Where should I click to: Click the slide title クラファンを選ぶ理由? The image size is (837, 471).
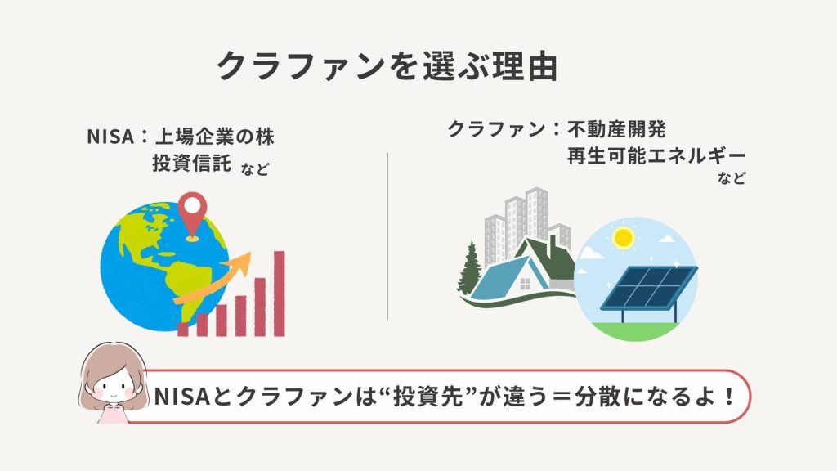point(387,65)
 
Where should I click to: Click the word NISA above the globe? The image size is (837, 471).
point(110,137)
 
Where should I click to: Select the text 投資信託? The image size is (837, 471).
point(191,163)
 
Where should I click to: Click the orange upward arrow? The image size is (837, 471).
point(213,280)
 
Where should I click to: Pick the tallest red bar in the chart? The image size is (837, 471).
point(280,294)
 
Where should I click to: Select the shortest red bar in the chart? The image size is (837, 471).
point(182,329)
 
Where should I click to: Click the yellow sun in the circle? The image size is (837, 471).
point(623,238)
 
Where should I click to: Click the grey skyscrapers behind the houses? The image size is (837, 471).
point(526,224)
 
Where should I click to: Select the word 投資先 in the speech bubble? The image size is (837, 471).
point(427,397)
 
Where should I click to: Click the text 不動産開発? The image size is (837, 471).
point(616,129)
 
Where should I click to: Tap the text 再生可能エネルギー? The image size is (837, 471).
point(656,155)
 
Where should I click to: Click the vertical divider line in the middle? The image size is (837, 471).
point(387,236)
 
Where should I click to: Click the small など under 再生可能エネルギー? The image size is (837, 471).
point(732,177)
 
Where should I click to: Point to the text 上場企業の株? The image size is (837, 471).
point(215,137)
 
